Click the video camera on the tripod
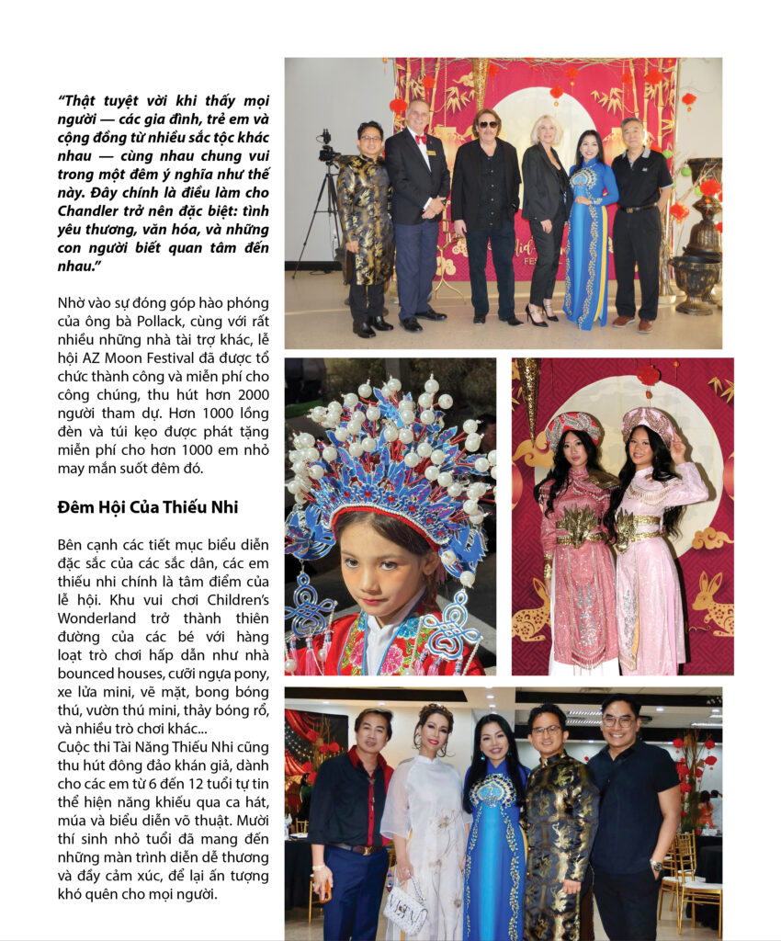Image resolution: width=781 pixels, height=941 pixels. coord(325,147)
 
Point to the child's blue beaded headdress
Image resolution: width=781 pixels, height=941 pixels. coord(386,459)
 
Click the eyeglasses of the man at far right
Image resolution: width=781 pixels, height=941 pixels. coord(617,721)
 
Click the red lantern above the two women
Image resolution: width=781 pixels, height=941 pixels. coord(649,377)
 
